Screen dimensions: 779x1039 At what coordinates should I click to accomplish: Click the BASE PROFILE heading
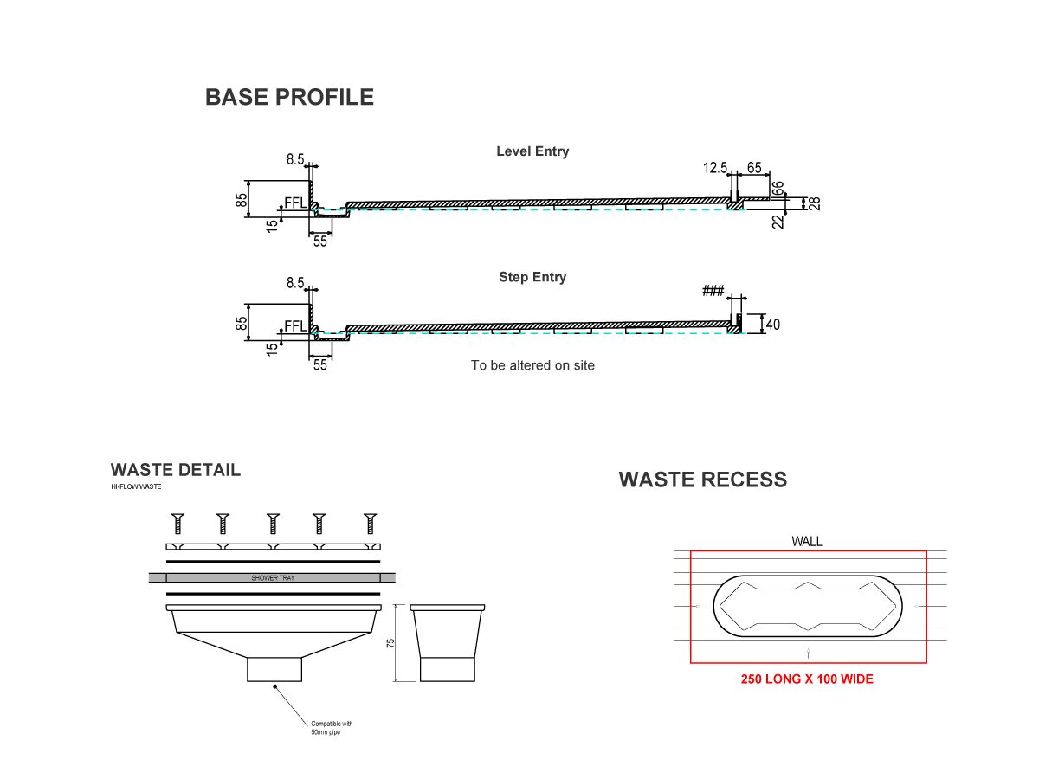[289, 97]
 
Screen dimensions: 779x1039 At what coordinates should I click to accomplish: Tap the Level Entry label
[532, 151]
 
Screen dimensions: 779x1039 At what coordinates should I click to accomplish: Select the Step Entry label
[532, 278]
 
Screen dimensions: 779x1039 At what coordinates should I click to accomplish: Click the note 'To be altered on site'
[532, 365]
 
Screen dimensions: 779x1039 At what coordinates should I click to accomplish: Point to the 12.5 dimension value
[715, 168]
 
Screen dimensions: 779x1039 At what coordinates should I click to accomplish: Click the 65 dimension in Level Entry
[754, 168]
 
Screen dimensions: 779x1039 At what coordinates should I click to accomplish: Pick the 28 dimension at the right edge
[815, 203]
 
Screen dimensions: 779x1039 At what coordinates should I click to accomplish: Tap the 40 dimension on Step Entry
[773, 325]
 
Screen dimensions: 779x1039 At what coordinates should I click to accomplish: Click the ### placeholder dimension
[713, 292]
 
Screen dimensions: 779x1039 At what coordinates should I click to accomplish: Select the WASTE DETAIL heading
[176, 470]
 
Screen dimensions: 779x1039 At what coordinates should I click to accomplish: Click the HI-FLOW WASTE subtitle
[136, 487]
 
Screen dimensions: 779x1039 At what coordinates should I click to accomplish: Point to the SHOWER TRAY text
[273, 577]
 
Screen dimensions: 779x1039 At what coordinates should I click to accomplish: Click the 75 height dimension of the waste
[390, 643]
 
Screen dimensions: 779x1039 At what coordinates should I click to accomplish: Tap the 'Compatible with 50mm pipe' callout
[332, 728]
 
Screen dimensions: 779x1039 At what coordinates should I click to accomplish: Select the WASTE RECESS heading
[703, 480]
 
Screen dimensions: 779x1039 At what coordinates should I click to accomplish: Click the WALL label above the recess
[807, 542]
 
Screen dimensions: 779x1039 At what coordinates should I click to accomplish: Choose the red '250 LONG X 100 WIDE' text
[807, 679]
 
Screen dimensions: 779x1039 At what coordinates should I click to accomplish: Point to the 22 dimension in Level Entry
[778, 221]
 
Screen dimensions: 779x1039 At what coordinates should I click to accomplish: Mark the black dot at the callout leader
[275, 686]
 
